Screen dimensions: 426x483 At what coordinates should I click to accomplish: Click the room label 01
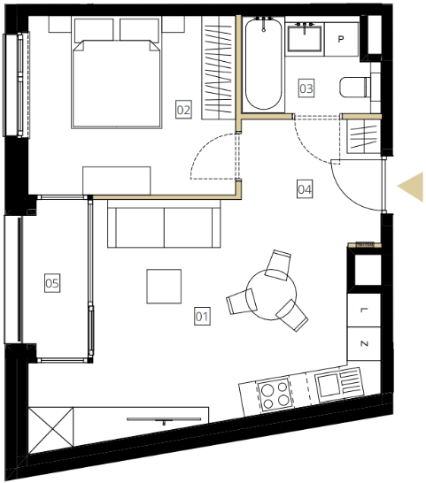click(x=202, y=316)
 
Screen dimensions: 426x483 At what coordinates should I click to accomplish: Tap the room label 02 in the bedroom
click(x=183, y=110)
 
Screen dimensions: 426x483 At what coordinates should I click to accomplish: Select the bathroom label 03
click(x=306, y=88)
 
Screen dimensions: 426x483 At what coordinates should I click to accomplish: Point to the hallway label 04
click(x=305, y=189)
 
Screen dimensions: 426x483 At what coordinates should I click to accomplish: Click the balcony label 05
click(x=52, y=283)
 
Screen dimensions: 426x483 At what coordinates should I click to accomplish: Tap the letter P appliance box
click(x=341, y=39)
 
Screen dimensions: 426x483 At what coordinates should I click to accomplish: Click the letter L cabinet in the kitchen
click(x=364, y=310)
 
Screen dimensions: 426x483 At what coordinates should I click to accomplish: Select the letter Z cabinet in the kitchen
click(x=364, y=344)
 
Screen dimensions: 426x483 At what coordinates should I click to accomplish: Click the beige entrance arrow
click(x=411, y=187)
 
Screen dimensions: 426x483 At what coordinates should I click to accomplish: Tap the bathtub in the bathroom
click(x=263, y=64)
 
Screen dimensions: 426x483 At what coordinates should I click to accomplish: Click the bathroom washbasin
click(x=305, y=38)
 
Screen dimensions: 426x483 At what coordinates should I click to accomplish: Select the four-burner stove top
click(x=275, y=395)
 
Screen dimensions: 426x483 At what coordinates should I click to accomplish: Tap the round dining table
click(x=271, y=295)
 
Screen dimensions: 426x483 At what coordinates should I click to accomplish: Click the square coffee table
click(x=164, y=286)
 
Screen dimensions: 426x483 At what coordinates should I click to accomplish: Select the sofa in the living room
click(x=164, y=224)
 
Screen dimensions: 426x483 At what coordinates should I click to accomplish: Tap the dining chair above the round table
click(x=278, y=264)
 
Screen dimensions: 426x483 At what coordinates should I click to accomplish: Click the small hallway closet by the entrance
click(x=364, y=136)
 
